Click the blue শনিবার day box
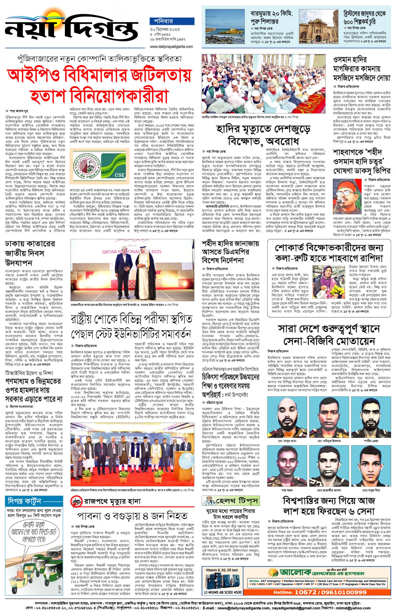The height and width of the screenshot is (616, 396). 172,21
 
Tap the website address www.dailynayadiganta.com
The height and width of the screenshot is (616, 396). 171,47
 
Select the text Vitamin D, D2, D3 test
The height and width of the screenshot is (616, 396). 222,570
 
